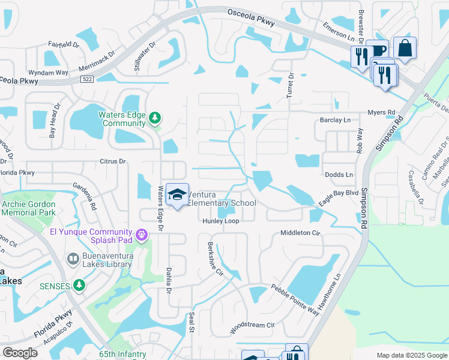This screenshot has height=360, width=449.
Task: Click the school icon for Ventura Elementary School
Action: (x=177, y=194)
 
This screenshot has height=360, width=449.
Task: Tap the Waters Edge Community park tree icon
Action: (x=155, y=118)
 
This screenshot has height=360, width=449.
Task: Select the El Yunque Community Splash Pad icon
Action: (x=142, y=234)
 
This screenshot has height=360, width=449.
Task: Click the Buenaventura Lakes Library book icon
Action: (x=73, y=258)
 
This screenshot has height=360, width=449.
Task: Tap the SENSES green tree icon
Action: (x=79, y=284)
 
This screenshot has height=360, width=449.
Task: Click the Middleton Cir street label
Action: (x=301, y=233)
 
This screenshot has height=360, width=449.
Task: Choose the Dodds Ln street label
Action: (x=339, y=175)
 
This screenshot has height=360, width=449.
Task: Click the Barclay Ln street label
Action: (x=334, y=120)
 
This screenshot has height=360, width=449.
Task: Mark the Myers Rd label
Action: (x=382, y=112)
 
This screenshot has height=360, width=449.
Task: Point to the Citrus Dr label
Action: (x=113, y=161)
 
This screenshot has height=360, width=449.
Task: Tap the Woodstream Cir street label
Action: (x=252, y=328)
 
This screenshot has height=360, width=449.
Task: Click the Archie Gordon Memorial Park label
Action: (x=28, y=208)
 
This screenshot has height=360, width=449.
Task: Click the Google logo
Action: (x=20, y=353)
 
